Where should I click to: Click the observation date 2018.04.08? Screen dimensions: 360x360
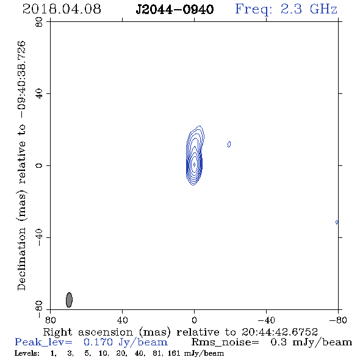tap(62, 9)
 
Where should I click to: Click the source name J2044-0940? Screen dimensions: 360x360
tap(175, 9)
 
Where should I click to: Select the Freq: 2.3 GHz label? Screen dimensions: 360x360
tap(286, 9)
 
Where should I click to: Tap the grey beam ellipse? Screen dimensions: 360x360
tap(69, 300)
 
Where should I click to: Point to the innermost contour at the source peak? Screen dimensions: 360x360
tap(194, 164)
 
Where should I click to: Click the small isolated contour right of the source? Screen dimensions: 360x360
tap(229, 144)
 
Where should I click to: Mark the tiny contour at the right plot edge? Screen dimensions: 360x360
tap(337, 222)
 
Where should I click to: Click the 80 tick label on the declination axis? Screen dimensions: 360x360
tap(39, 22)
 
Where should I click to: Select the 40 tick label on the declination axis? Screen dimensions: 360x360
tap(39, 94)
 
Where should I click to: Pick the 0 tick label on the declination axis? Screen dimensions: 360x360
tap(39, 165)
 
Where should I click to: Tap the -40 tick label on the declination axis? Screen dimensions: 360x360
tap(39, 237)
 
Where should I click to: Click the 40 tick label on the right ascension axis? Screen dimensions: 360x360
tap(122, 320)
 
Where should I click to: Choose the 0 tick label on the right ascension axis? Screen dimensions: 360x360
tap(194, 320)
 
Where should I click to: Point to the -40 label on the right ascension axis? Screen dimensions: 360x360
tap(266, 320)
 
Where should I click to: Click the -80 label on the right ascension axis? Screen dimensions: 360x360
tap(338, 320)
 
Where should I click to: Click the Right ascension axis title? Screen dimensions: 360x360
tap(181, 332)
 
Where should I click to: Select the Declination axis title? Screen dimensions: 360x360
tap(21, 165)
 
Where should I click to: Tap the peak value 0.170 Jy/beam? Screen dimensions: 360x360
tap(126, 342)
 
